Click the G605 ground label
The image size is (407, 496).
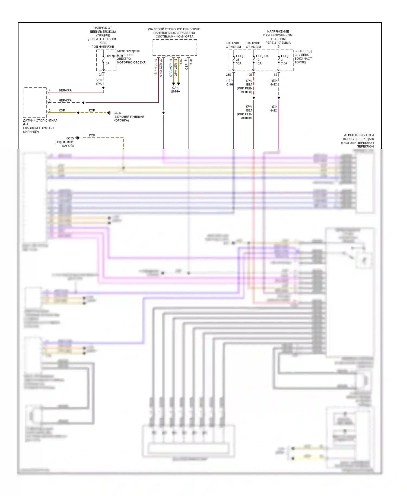(x=117, y=113)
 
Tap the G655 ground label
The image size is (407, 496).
(x=70, y=138)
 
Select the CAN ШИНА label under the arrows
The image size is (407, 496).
(x=175, y=90)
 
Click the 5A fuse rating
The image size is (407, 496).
(x=107, y=63)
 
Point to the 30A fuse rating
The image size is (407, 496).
(x=239, y=63)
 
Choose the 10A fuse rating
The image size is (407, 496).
(x=259, y=63)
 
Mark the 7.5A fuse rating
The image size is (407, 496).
(x=284, y=63)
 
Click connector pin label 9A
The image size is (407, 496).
(x=100, y=75)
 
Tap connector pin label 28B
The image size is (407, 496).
(x=228, y=75)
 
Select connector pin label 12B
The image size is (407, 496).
(x=250, y=75)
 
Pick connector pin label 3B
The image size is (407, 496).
(x=275, y=75)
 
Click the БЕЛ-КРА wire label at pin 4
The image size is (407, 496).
(x=65, y=90)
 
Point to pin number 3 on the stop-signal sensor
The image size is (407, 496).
(x=50, y=100)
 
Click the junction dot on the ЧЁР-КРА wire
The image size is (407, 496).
(x=83, y=103)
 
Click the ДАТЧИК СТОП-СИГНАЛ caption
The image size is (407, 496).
(x=40, y=120)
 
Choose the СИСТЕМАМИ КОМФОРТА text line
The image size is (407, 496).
(x=174, y=37)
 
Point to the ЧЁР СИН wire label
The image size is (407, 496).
(x=230, y=82)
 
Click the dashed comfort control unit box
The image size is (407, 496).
(x=175, y=47)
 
